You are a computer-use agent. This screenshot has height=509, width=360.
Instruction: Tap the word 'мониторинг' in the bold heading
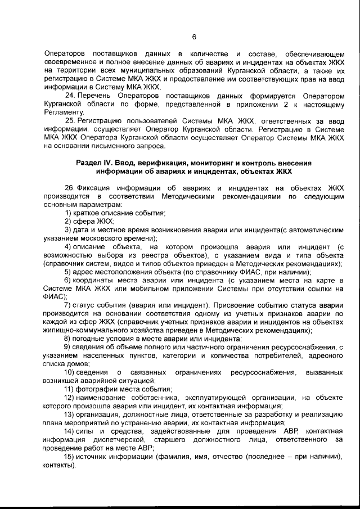click(x=210, y=163)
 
